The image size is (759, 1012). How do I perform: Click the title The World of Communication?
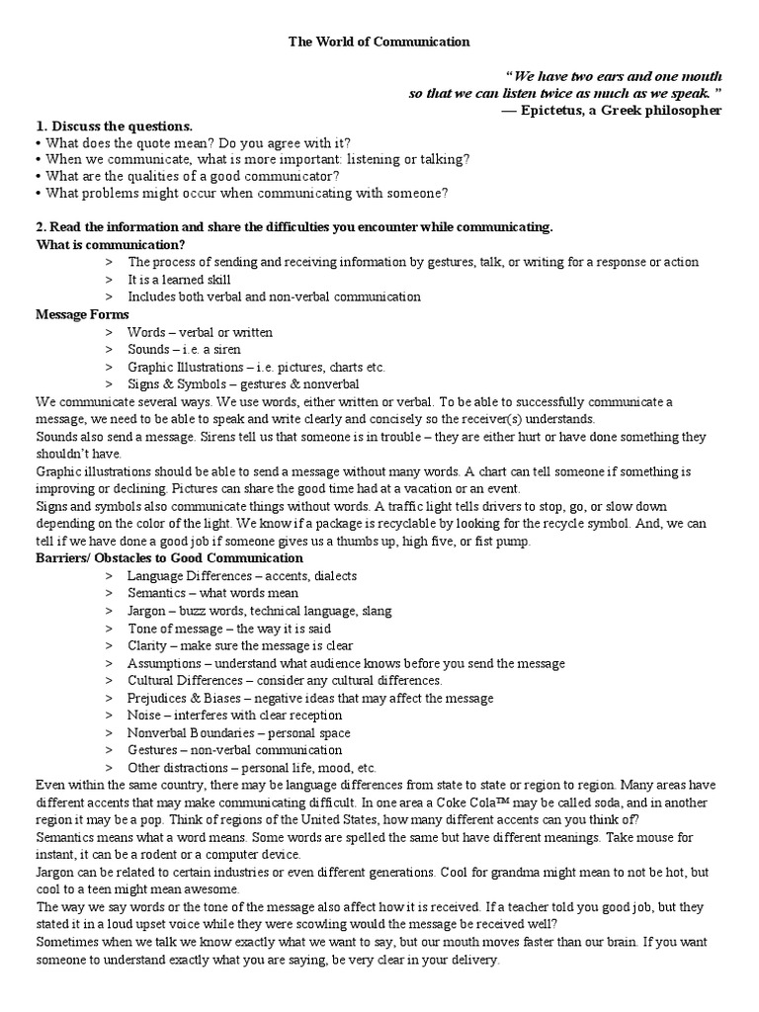379,42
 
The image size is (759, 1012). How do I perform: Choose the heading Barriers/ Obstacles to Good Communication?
169,558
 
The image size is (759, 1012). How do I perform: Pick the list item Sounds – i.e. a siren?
184,350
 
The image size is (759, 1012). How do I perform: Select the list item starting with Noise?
234,716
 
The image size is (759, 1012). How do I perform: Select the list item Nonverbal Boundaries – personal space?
238,733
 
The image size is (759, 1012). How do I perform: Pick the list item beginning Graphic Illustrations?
256,368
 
